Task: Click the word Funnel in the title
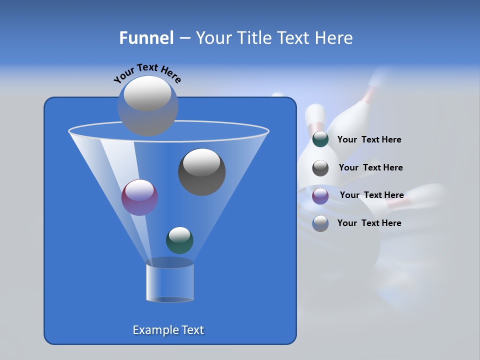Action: tap(146, 38)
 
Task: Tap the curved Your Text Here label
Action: tap(147, 73)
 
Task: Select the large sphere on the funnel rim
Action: tap(148, 105)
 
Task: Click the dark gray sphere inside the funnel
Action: tap(201, 171)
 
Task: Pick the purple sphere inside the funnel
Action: tap(139, 197)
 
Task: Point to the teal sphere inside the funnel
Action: tap(179, 240)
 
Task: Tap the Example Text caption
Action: tap(168, 330)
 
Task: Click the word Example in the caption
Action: tap(154, 330)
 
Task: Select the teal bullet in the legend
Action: tap(320, 139)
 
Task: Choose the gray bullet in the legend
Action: tap(320, 167)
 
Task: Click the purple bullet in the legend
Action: tap(320, 195)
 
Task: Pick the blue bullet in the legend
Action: tap(320, 223)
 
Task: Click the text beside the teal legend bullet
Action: tap(369, 140)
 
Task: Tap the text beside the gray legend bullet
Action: tap(370, 167)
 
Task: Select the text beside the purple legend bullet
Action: tap(371, 195)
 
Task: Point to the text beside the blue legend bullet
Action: tap(369, 223)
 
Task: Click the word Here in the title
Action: tap(334, 38)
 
